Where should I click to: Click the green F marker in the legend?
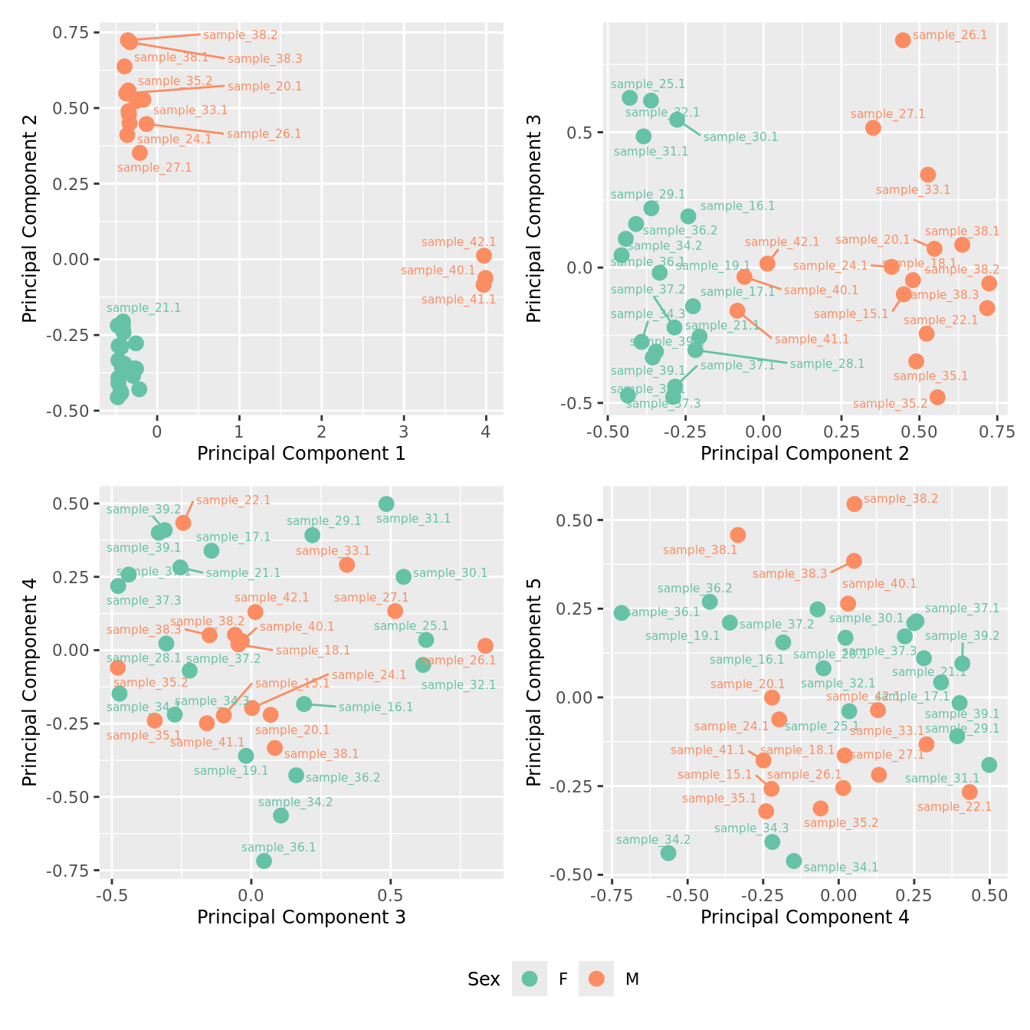click(530, 979)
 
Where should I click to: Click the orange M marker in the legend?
click(596, 979)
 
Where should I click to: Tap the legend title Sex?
click(484, 979)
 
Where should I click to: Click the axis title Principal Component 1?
click(301, 454)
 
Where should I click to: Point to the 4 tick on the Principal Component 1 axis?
click(486, 431)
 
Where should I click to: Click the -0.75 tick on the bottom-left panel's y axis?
click(71, 871)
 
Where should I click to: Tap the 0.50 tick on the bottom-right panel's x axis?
click(989, 895)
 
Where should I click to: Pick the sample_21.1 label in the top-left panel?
click(144, 308)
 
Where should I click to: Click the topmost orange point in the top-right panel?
click(903, 40)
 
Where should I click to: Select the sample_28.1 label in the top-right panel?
click(827, 364)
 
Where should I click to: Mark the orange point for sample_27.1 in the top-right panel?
click(873, 128)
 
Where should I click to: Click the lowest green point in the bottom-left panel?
click(264, 861)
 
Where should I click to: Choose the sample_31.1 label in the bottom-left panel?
click(414, 519)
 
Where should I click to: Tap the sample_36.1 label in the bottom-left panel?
click(278, 848)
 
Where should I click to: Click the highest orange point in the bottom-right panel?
click(855, 504)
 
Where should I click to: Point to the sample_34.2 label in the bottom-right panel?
click(653, 840)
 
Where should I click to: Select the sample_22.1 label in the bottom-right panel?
click(954, 807)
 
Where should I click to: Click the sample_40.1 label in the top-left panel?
click(438, 271)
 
